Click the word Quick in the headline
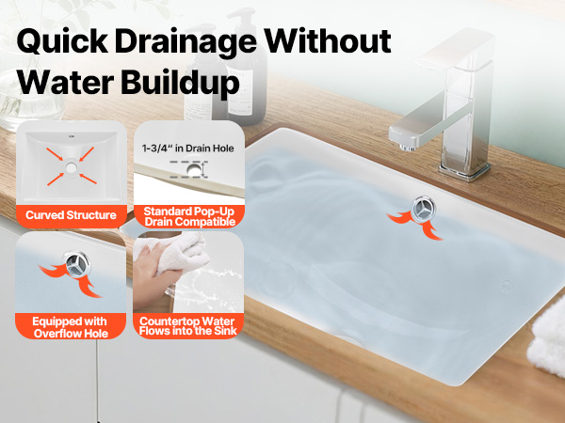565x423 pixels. [62, 41]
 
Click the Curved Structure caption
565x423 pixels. [71, 215]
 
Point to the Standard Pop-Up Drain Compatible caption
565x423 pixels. [189, 216]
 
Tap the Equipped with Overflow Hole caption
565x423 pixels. [71, 327]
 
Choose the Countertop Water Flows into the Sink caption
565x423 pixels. [187, 326]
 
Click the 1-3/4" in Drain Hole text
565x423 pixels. [187, 149]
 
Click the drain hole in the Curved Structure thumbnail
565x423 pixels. [72, 167]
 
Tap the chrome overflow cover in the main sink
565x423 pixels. [424, 209]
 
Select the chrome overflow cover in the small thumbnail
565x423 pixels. [77, 264]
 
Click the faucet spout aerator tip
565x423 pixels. [407, 148]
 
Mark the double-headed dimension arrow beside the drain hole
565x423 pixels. [204, 170]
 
